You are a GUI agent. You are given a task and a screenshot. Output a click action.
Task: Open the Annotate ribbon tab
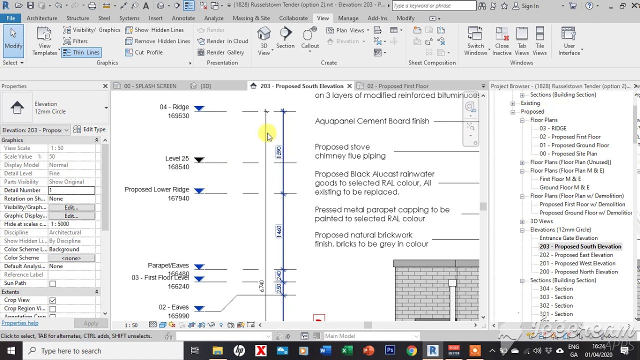(x=183, y=18)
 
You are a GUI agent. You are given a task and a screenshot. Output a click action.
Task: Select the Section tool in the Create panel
(x=285, y=38)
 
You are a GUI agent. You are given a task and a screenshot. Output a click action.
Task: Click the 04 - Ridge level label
(x=174, y=107)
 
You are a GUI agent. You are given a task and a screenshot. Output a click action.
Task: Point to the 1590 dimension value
(x=279, y=152)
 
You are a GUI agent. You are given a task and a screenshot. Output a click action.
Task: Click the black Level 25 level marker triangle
(x=199, y=160)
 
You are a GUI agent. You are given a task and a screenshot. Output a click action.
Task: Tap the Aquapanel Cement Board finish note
(x=371, y=121)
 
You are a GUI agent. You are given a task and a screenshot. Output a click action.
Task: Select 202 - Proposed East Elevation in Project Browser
(x=576, y=255)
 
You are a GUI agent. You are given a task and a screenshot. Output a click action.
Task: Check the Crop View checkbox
(x=52, y=300)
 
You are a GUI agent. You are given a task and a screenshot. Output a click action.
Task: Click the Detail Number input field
(x=71, y=190)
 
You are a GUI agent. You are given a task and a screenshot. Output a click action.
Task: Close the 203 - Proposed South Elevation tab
(x=349, y=86)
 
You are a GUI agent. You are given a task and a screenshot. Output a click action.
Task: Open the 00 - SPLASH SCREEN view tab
(x=149, y=86)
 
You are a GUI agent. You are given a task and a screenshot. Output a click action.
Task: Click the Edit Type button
(x=90, y=129)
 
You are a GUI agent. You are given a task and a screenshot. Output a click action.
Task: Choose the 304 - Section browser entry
(x=556, y=288)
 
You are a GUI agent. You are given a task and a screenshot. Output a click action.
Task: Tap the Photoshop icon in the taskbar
(x=390, y=350)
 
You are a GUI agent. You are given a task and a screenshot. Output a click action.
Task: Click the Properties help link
(x=19, y=323)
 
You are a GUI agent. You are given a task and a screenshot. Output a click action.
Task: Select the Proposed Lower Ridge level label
(x=156, y=190)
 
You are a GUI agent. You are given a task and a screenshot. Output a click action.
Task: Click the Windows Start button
(x=11, y=350)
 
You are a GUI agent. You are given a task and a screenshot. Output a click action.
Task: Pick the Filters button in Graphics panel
(x=80, y=41)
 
